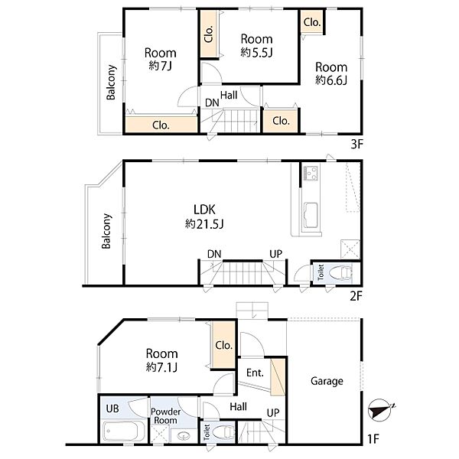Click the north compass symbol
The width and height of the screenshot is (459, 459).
(380, 410)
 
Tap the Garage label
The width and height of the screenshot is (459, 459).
(327, 381)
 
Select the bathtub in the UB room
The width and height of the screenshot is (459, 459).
(124, 431)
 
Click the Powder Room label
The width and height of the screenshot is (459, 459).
(166, 416)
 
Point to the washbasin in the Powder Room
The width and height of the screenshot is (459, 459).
(184, 436)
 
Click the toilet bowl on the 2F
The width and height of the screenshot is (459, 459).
(340, 273)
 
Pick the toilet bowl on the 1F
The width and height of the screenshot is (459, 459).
(223, 432)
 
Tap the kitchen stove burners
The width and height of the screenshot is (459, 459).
(311, 172)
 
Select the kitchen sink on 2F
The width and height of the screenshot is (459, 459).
(311, 215)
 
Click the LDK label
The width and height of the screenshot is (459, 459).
(204, 210)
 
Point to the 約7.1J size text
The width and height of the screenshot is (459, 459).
(161, 366)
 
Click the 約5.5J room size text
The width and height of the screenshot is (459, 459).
(257, 52)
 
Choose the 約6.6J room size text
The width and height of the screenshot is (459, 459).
(331, 80)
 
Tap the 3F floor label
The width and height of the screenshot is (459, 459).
(356, 144)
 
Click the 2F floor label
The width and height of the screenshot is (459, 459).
(356, 296)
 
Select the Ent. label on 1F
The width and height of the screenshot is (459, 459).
(255, 373)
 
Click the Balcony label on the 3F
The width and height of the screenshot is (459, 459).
(111, 83)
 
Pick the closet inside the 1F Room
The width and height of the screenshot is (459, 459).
(224, 345)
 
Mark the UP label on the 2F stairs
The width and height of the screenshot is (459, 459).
(275, 254)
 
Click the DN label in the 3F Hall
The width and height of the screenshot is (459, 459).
(212, 103)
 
